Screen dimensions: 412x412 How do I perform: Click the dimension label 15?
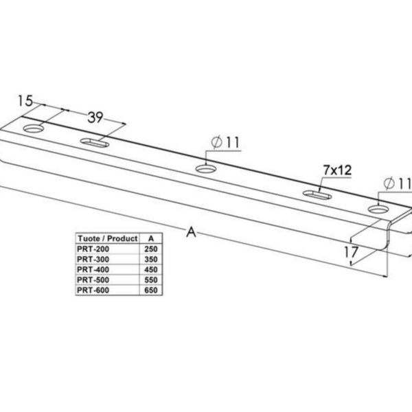25,101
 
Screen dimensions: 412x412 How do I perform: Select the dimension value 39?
95,117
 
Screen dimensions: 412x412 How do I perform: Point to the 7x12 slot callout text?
337,170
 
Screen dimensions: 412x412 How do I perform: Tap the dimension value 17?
351,252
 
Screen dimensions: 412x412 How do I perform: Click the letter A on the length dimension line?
192,232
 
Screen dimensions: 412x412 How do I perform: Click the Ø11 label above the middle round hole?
225,142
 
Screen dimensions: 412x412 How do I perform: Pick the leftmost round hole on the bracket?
34,128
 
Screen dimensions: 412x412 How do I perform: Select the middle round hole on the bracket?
205,168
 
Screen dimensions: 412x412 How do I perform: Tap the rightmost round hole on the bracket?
378,209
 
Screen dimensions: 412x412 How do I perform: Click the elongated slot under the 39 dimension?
95,143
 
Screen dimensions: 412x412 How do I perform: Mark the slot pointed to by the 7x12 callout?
317,195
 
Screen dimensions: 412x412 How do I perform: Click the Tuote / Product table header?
108,238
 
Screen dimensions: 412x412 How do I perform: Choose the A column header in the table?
151,238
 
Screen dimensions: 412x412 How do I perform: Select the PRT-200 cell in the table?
93,249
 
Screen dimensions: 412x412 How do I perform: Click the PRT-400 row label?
93,270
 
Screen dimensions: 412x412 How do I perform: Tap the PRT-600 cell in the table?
93,290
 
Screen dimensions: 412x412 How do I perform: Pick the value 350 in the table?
151,260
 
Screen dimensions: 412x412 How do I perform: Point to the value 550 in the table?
151,280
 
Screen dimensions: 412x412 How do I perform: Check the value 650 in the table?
151,290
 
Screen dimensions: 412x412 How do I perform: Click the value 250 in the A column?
151,249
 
